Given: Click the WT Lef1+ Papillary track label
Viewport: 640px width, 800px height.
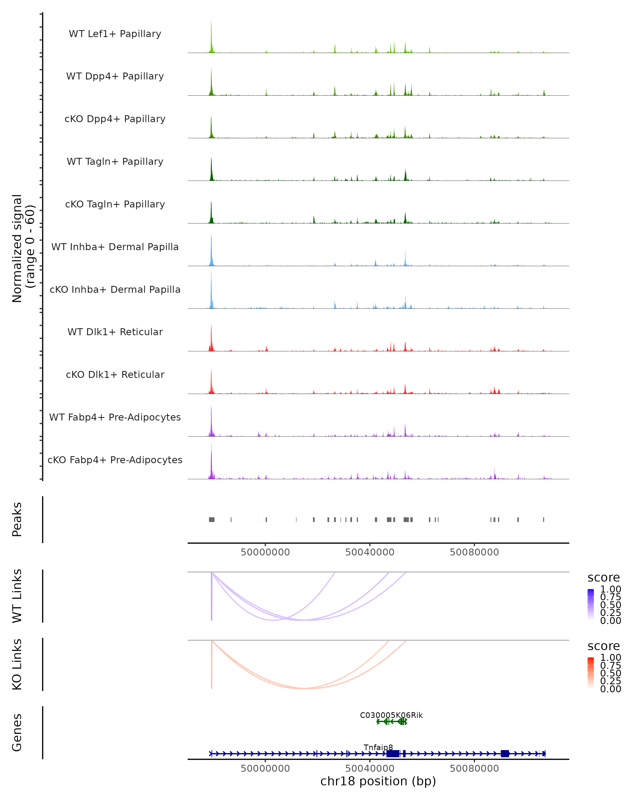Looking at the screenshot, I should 115,34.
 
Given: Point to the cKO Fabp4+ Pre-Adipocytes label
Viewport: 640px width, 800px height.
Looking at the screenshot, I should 115,460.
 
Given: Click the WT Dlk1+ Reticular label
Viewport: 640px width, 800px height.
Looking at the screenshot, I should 115,332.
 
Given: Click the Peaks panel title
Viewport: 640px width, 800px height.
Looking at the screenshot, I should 17,519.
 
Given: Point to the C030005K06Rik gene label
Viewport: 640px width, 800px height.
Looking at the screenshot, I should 391,715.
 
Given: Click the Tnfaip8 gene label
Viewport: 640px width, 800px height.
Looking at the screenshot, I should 378,747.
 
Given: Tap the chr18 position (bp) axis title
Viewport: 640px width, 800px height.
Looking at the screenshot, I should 378,781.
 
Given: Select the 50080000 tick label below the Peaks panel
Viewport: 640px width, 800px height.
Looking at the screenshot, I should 474,552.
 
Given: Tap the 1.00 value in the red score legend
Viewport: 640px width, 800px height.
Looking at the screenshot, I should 611,658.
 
